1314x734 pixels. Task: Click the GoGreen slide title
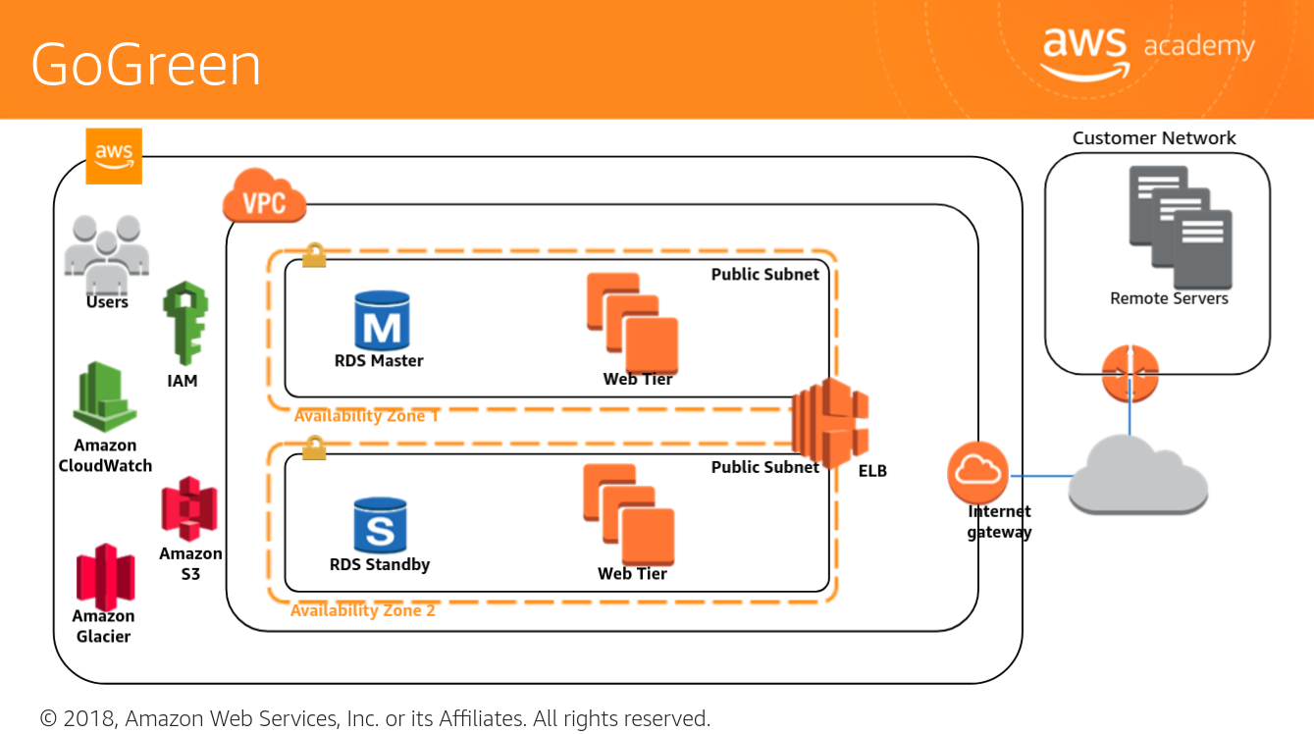point(146,65)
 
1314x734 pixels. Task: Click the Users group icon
point(106,253)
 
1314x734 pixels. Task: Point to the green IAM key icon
point(184,323)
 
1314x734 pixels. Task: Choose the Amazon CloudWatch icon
point(105,397)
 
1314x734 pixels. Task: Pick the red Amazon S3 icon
point(189,508)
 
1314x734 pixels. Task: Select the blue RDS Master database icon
point(381,320)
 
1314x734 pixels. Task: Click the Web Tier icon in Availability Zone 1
point(632,322)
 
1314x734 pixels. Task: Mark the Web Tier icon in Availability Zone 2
point(628,513)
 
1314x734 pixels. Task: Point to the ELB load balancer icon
point(830,423)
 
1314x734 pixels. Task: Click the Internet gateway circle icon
point(977,473)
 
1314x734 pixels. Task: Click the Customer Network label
point(1154,138)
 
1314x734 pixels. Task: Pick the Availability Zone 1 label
point(366,416)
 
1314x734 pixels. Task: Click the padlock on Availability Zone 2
point(314,448)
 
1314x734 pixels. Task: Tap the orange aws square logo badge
point(114,156)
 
